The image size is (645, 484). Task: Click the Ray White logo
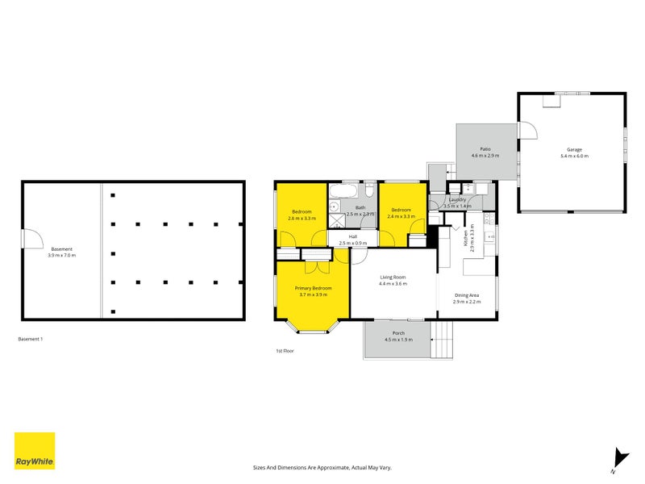(x=35, y=451)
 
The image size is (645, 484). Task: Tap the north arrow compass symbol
(x=618, y=458)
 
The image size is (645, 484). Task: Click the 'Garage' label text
(x=574, y=149)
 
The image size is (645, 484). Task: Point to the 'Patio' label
(x=485, y=149)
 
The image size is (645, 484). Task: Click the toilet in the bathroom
(x=368, y=190)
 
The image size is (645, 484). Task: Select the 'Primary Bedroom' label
(x=313, y=288)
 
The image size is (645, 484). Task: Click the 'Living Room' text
(x=393, y=277)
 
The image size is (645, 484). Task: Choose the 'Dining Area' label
(x=467, y=295)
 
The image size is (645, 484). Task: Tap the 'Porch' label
(x=398, y=333)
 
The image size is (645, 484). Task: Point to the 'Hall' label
(x=352, y=236)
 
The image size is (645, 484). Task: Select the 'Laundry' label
(x=459, y=199)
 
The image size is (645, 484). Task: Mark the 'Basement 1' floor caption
(x=31, y=340)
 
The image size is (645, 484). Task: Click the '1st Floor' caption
(x=285, y=351)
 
